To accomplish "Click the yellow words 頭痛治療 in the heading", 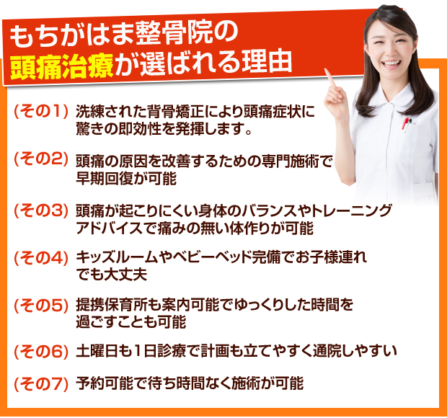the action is point(62,66).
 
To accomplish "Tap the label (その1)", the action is point(41,111).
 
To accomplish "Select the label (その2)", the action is point(41,159).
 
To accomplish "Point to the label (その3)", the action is point(41,211).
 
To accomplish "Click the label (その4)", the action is point(41,258).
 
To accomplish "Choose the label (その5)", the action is point(41,306).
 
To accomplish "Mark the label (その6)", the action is point(41,352).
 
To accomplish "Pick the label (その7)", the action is point(41,384).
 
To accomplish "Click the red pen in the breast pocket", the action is point(404,123).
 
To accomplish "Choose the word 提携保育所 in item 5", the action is point(111,305).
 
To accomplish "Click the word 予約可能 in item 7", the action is point(105,383).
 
